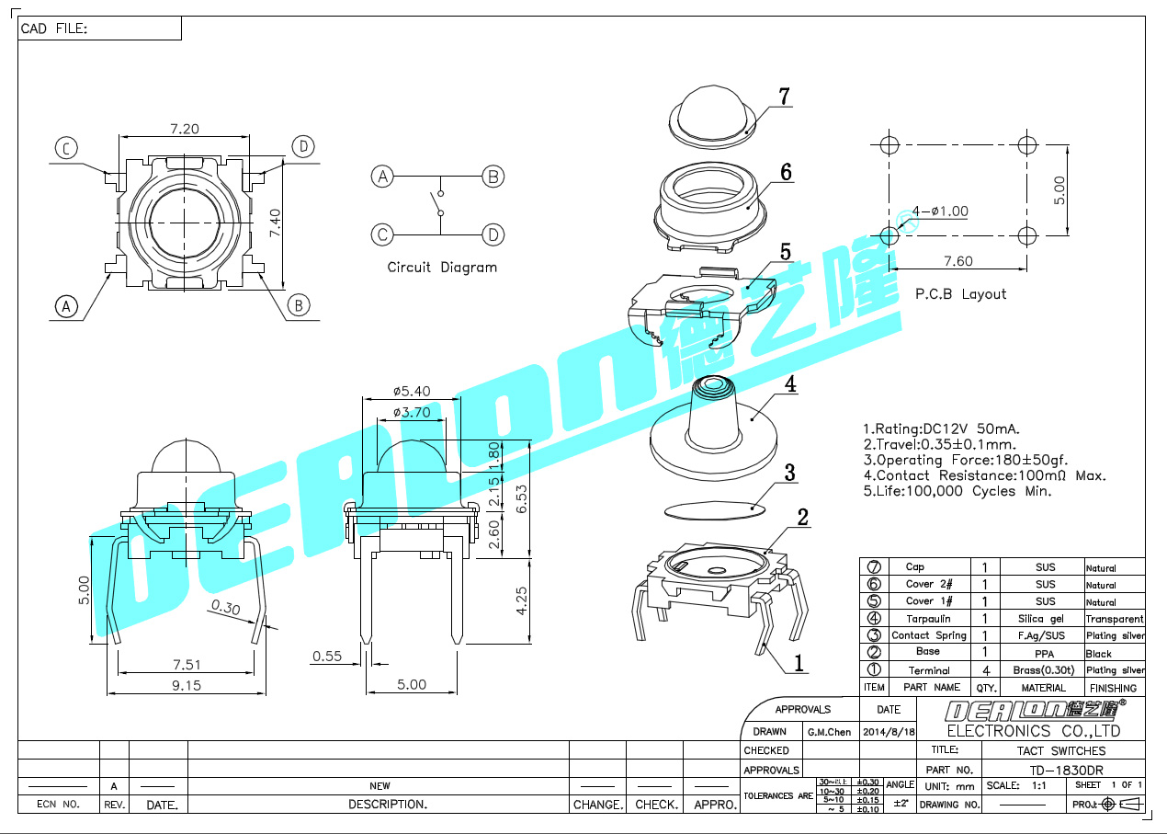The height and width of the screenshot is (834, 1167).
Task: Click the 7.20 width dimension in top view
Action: click(184, 129)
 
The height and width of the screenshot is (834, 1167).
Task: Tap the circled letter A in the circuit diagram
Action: click(382, 177)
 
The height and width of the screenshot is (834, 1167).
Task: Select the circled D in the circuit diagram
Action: click(494, 234)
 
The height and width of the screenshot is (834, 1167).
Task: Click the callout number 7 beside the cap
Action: click(784, 97)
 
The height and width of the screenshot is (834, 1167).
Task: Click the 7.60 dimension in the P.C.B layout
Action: click(957, 261)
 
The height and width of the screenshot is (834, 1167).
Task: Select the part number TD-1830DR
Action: click(1066, 770)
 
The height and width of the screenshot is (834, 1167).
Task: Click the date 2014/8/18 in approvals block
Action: click(889, 732)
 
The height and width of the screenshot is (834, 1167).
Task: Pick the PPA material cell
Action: click(1046, 653)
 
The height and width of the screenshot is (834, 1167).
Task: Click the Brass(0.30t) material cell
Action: click(1045, 670)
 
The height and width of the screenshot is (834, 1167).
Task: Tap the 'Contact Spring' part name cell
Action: click(929, 635)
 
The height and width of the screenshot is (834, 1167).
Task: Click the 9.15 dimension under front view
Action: click(185, 685)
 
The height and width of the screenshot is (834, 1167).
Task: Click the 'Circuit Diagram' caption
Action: click(442, 268)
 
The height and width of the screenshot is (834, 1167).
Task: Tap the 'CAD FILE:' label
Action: click(54, 29)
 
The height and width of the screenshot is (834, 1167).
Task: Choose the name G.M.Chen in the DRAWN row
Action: click(829, 732)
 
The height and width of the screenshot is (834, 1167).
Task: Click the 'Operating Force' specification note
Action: click(965, 460)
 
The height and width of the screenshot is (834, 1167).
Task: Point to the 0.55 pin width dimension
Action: click(327, 656)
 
